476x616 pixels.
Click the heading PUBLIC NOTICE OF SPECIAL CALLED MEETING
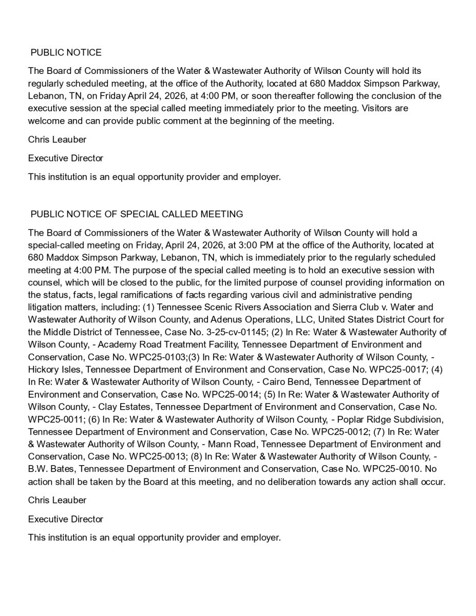(x=137, y=214)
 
